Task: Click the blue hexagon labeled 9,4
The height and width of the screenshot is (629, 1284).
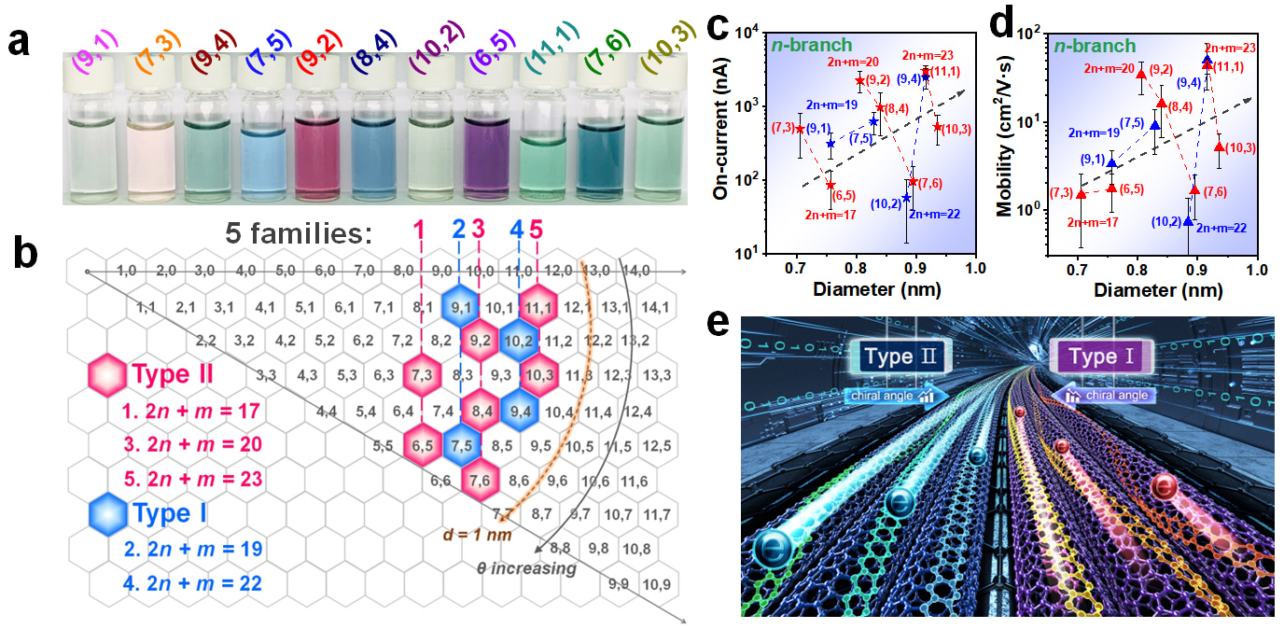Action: [x=520, y=409]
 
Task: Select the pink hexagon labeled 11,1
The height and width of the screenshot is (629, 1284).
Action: [x=539, y=304]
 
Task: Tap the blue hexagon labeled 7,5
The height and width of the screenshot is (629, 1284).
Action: [x=461, y=445]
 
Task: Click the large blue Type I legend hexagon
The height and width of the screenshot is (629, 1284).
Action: [x=107, y=512]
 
